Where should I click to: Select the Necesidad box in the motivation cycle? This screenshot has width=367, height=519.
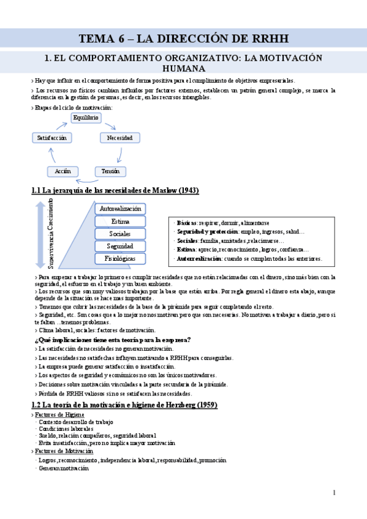tap(120, 138)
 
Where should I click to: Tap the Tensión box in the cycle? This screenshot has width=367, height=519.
tap(110, 171)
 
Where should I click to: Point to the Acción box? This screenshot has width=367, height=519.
tap(62, 171)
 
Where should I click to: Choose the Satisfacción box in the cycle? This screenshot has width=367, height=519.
tap(51, 138)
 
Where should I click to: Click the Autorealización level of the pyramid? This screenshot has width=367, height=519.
tap(120, 209)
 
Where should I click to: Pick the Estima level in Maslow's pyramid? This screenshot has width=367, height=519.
tap(120, 222)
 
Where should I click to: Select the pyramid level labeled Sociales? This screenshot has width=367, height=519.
tap(120, 234)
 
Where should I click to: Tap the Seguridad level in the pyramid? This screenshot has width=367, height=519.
tap(120, 246)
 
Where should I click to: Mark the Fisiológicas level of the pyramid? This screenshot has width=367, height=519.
tap(120, 259)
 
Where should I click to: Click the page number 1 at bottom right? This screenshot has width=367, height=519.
tap(335, 492)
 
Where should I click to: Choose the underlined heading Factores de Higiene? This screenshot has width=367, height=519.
tap(59, 415)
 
